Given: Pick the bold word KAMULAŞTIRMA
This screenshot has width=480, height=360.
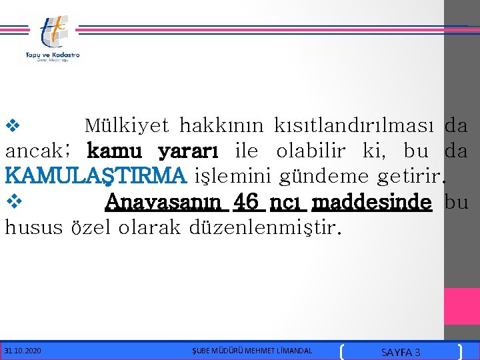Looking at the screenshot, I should (95, 176).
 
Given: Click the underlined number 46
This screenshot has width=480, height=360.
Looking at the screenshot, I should (246, 201).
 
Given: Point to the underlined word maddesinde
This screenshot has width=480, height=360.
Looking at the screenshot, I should (371, 202).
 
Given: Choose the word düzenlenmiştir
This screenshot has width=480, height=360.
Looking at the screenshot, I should (265, 228).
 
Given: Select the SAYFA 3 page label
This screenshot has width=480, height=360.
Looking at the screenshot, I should (400, 351).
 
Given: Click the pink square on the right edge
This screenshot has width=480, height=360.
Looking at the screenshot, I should (462, 306).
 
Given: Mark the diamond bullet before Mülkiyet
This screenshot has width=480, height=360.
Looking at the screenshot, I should (13, 125).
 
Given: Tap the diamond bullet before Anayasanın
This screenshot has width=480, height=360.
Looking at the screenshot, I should (13, 201).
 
